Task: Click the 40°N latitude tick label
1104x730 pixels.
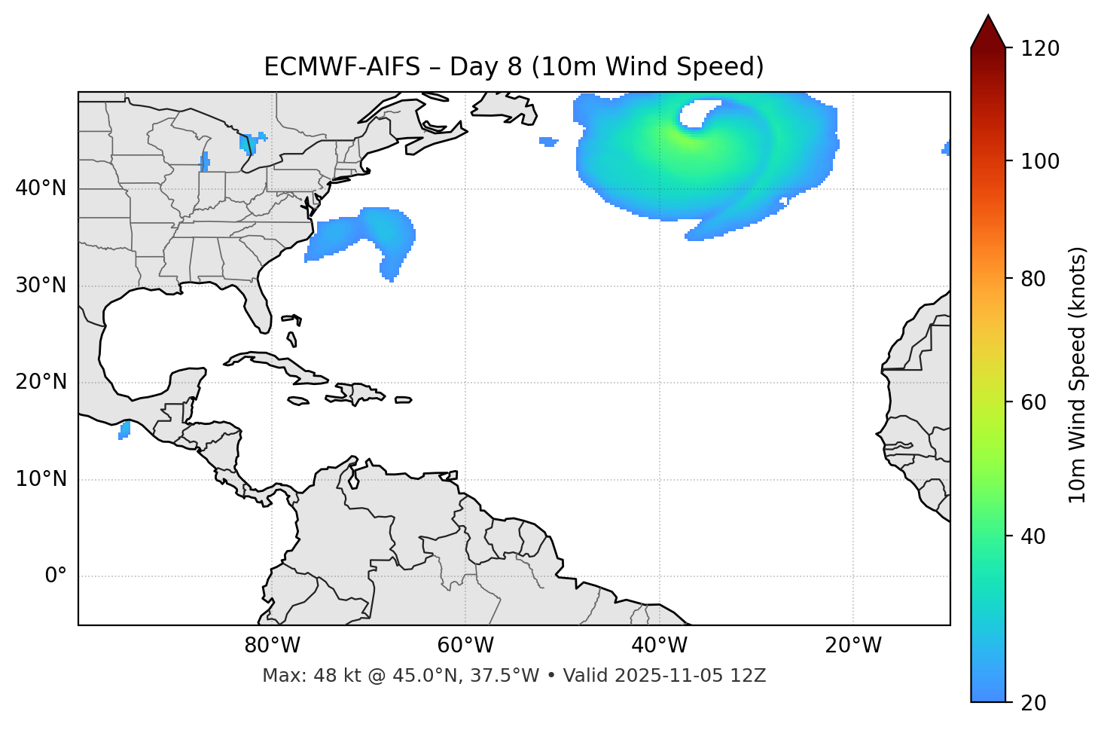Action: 41,188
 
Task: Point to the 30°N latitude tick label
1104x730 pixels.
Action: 41,286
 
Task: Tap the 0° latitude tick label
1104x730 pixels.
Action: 56,576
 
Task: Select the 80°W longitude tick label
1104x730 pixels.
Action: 272,646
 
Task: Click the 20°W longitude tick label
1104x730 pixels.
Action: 853,646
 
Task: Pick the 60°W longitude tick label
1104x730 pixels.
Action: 465,646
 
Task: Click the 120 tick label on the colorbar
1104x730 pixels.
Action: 1041,49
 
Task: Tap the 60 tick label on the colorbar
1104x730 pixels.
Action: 1034,402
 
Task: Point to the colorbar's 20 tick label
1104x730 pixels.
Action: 1034,703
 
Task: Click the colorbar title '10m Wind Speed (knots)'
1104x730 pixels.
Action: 1078,374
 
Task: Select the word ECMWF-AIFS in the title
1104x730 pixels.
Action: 342,67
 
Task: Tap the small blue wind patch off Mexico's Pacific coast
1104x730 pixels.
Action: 124,430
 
